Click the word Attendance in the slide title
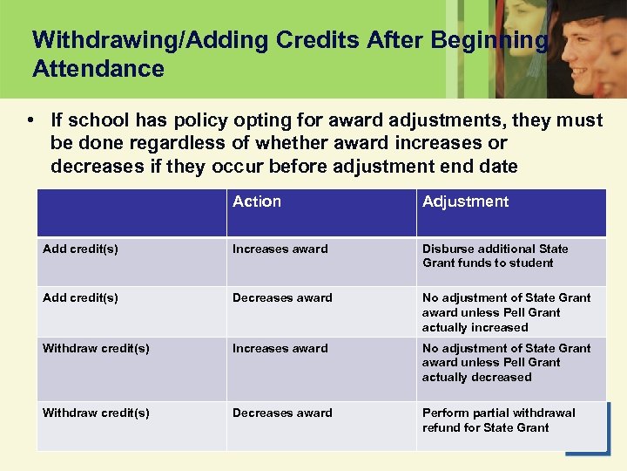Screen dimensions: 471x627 click(x=98, y=69)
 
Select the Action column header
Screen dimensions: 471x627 click(x=257, y=201)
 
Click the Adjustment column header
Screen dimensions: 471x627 click(x=465, y=201)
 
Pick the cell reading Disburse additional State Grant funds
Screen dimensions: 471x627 click(x=495, y=256)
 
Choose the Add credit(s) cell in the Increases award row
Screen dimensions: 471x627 click(x=80, y=249)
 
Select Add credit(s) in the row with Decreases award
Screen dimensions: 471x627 click(x=80, y=297)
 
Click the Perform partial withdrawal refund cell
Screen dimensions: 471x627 click(x=498, y=420)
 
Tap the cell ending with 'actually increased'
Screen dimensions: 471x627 click(x=506, y=312)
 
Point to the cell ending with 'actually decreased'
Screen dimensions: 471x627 click(x=506, y=362)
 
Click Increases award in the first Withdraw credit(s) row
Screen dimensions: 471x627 click(x=280, y=348)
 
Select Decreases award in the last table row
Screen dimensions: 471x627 click(x=282, y=413)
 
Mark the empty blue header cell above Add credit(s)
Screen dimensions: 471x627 click(x=131, y=212)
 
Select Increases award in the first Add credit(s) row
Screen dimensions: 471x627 click(x=280, y=249)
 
